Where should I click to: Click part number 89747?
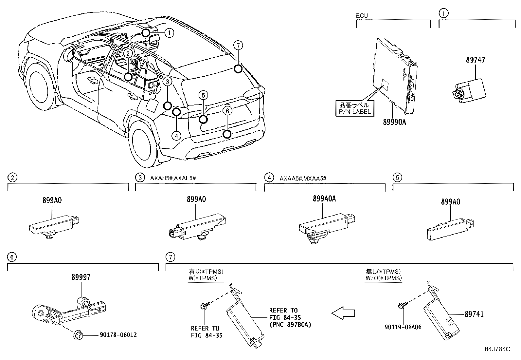pyautogui.click(x=476, y=60)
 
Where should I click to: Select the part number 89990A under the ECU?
pyautogui.click(x=394, y=122)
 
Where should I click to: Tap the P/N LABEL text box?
pyautogui.click(x=354, y=108)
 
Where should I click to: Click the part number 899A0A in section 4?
pyautogui.click(x=324, y=199)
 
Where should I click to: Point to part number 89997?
pyautogui.click(x=81, y=277)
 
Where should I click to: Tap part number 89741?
pyautogui.click(x=474, y=314)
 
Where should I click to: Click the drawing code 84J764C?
pyautogui.click(x=497, y=349)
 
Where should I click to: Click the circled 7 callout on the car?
pyautogui.click(x=238, y=45)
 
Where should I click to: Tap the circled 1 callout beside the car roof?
pyautogui.click(x=169, y=32)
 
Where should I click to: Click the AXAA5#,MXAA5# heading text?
pyautogui.click(x=303, y=178)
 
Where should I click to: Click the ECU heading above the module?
pyautogui.click(x=362, y=15)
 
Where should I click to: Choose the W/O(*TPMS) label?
pyautogui.click(x=383, y=278)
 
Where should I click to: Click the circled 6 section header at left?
pyautogui.click(x=12, y=257)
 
